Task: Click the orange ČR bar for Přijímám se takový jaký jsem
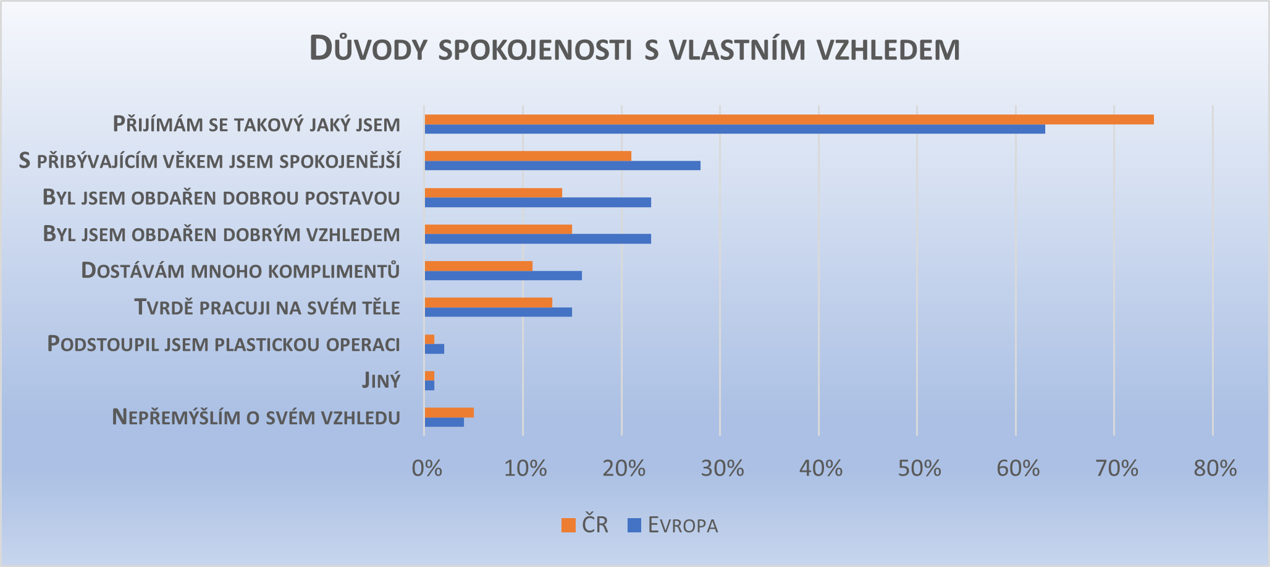789,119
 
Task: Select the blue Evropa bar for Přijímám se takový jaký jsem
734,129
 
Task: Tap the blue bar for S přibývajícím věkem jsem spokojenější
562,166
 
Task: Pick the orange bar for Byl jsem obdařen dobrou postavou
493,193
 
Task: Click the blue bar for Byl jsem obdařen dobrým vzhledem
537,239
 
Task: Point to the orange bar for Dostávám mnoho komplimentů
478,266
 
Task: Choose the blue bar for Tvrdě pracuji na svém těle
498,312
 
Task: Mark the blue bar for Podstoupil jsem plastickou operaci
434,349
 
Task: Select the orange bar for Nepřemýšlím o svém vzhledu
449,412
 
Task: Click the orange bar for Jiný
429,376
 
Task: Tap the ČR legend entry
585,525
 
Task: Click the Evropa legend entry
673,526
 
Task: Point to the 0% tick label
427,469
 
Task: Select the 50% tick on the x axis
919,469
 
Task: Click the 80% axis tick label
1215,469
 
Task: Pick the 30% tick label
722,469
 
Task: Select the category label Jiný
381,380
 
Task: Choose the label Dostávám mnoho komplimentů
240,271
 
